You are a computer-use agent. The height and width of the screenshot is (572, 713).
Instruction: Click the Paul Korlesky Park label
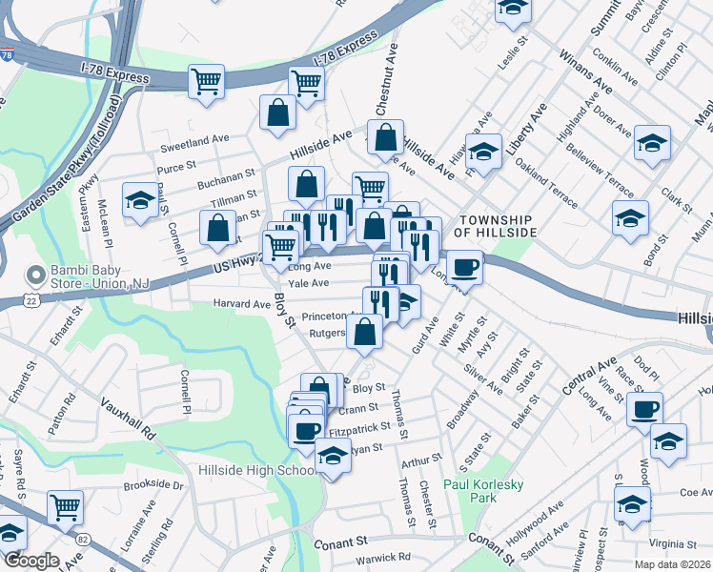(x=483, y=491)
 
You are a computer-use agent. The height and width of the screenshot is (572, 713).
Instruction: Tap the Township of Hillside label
(x=489, y=225)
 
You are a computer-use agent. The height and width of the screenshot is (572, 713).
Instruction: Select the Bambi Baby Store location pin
(x=35, y=276)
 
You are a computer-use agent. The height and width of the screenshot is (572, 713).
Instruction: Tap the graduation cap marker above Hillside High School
(x=333, y=455)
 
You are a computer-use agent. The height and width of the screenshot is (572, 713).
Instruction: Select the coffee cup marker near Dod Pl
(x=644, y=409)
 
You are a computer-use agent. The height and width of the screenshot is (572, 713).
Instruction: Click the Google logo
(x=31, y=561)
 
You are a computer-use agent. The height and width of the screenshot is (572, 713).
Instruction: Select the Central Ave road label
(x=589, y=378)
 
